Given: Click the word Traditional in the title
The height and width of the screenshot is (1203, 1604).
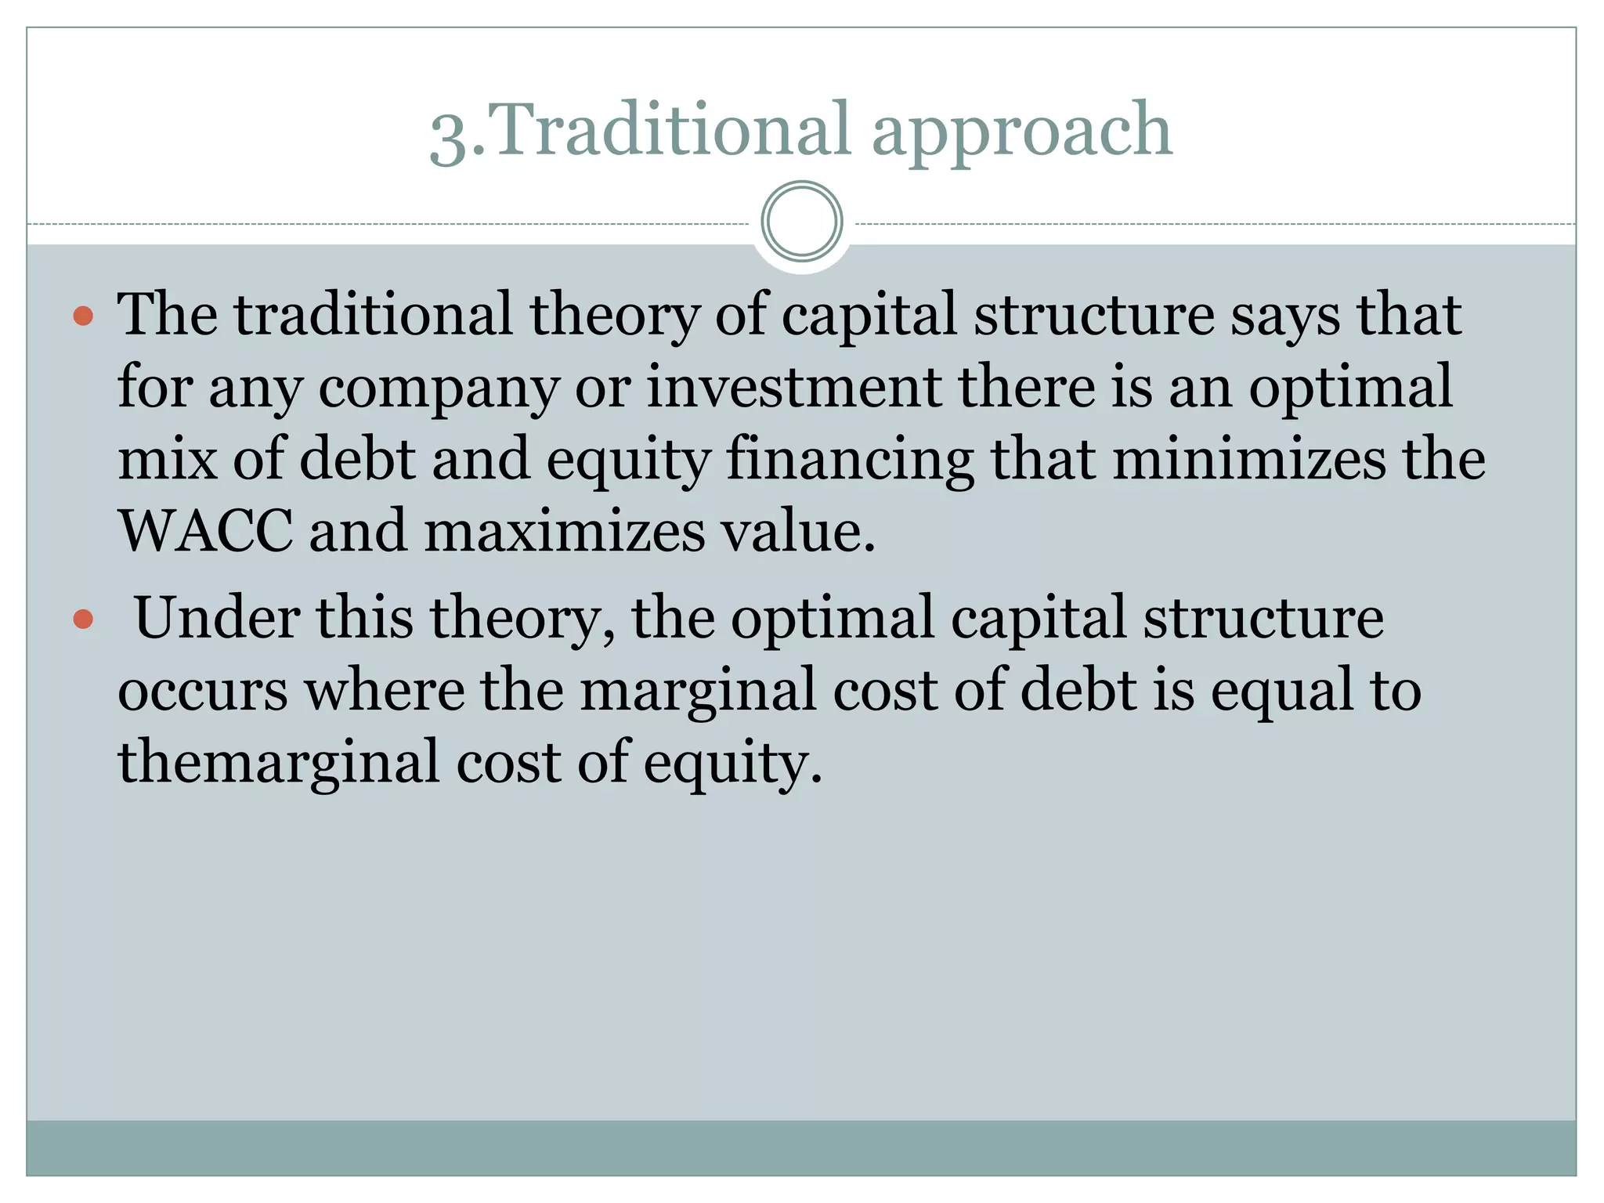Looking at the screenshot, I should tap(672, 129).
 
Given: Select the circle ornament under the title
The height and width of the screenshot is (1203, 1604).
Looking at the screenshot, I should tap(801, 221).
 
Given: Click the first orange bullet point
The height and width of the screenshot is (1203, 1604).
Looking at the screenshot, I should tap(83, 316).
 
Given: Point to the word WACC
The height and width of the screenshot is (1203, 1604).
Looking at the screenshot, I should tap(205, 531).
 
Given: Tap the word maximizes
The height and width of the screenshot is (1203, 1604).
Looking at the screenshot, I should tap(564, 531).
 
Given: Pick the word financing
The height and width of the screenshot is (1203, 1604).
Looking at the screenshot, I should tap(851, 462).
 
